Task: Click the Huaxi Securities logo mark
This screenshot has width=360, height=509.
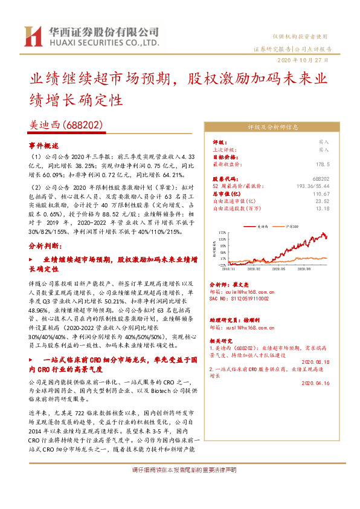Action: click(31, 36)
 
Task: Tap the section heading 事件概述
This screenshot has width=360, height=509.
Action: click(44, 146)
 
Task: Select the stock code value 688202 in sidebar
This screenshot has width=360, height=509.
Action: click(321, 180)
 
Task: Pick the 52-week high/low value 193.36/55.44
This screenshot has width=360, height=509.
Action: click(313, 186)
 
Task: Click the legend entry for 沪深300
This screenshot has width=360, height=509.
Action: click(292, 225)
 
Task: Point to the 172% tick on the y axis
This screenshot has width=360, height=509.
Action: click(222, 232)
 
